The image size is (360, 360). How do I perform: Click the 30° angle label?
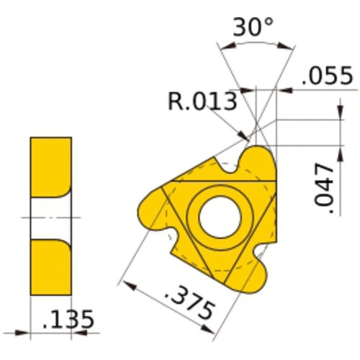[x=253, y=28]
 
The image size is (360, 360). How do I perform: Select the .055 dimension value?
[x=327, y=76]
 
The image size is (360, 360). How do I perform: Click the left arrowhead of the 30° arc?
[x=224, y=50]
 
